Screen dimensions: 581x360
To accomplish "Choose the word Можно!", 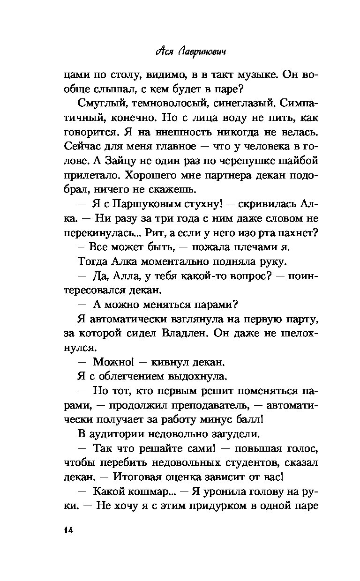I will pyautogui.click(x=113, y=363).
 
